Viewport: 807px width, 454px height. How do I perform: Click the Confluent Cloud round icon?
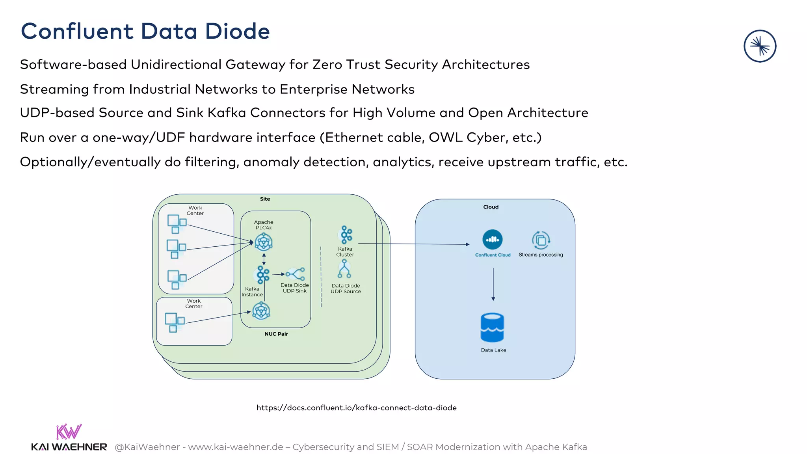coord(492,239)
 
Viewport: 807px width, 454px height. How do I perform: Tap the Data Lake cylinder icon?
coord(492,327)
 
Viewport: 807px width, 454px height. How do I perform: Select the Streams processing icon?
coord(541,240)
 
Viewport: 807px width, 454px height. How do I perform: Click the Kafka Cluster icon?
coord(346,235)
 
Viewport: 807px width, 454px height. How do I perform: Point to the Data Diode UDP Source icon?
coord(344,269)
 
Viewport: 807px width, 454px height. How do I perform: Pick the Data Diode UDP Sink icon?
coord(296,274)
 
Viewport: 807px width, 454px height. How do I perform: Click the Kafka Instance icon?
coord(262,275)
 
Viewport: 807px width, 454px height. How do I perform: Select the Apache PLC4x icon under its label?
coord(263,242)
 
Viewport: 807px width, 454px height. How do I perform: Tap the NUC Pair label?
coord(276,334)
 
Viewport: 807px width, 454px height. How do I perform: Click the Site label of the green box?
coord(265,199)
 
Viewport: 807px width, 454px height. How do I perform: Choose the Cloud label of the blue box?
coord(491,207)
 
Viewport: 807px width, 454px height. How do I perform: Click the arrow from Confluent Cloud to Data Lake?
coord(493,284)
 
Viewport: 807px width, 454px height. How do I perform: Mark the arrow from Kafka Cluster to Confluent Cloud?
coord(414,244)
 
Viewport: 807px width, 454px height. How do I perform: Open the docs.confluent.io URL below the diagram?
coord(356,408)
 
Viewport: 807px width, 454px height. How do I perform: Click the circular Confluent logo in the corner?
coord(760,46)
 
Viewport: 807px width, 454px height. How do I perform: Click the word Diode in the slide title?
coord(238,31)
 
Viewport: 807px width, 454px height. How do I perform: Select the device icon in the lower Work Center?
coord(175,322)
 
